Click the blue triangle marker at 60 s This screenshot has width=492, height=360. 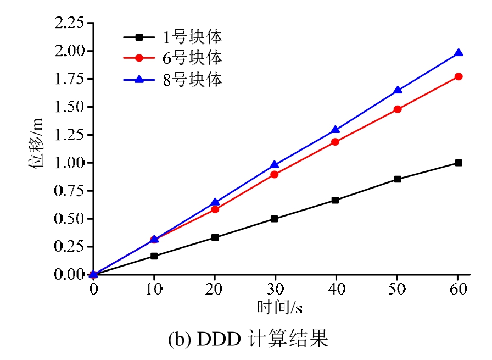click(459, 53)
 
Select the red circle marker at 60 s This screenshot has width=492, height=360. click(459, 76)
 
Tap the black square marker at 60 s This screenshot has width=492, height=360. click(459, 163)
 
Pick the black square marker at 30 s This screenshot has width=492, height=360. click(275, 219)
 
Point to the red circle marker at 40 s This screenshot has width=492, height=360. click(336, 142)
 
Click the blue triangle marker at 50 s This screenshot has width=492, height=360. click(398, 90)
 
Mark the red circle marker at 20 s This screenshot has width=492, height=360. click(215, 209)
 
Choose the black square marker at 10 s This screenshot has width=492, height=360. click(154, 256)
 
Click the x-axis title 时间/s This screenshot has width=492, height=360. click(279, 307)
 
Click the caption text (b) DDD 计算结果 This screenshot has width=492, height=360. click(248, 339)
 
